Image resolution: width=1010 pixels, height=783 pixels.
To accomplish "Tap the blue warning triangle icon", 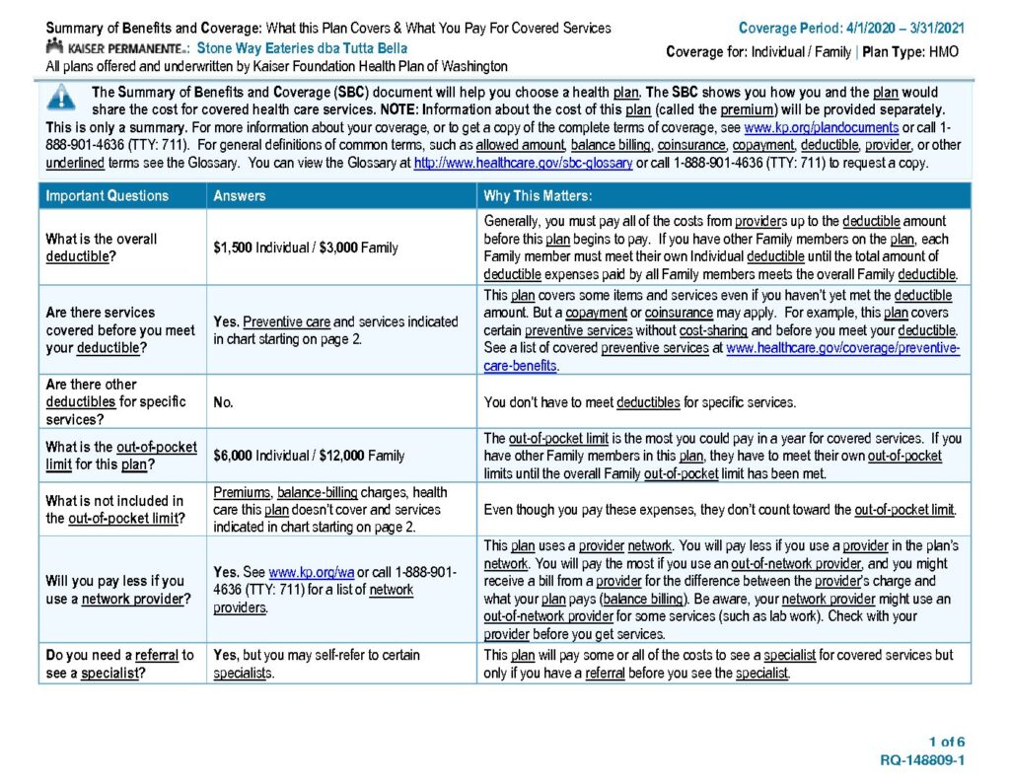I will click(61, 97).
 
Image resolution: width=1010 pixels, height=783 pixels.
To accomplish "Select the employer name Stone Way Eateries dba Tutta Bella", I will click(302, 48).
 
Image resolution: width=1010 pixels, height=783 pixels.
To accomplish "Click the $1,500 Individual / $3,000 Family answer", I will click(306, 248).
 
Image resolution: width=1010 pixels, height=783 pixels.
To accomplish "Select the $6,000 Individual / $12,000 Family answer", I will click(309, 456).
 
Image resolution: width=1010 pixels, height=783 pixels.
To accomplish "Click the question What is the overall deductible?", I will click(101, 248).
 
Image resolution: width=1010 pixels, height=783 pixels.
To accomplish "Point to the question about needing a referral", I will click(119, 664).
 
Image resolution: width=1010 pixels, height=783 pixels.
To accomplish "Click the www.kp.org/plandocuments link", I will click(821, 128).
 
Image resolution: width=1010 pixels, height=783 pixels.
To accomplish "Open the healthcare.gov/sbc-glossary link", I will click(523, 163).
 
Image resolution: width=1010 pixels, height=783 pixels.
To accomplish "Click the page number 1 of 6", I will click(946, 742).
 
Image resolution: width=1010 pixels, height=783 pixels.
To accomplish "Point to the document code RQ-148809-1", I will click(921, 760).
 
